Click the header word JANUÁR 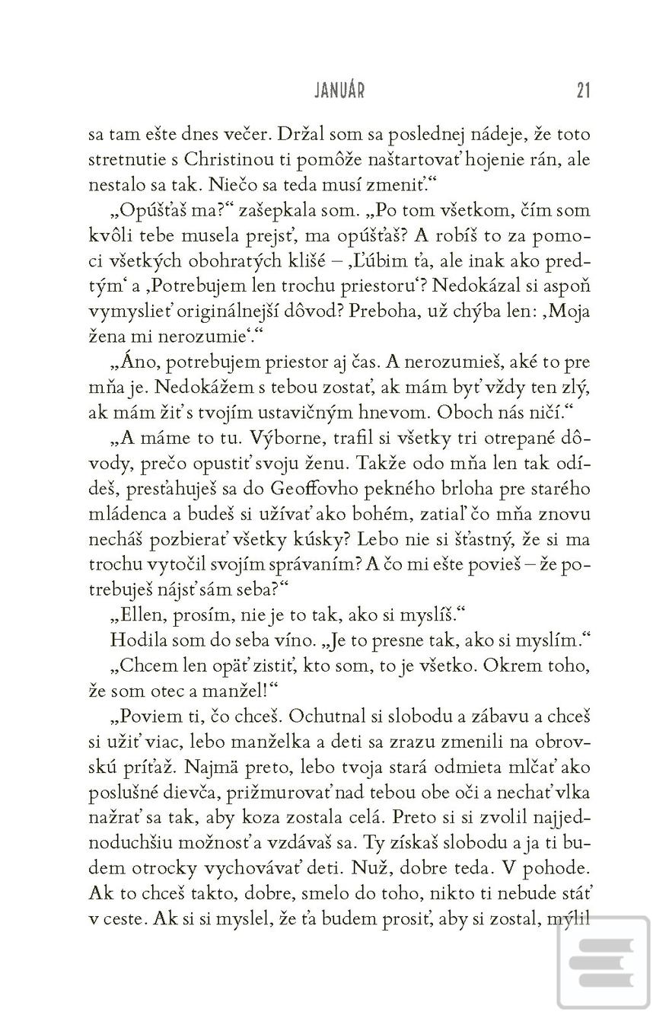(x=339, y=91)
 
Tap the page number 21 (x=583, y=91)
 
